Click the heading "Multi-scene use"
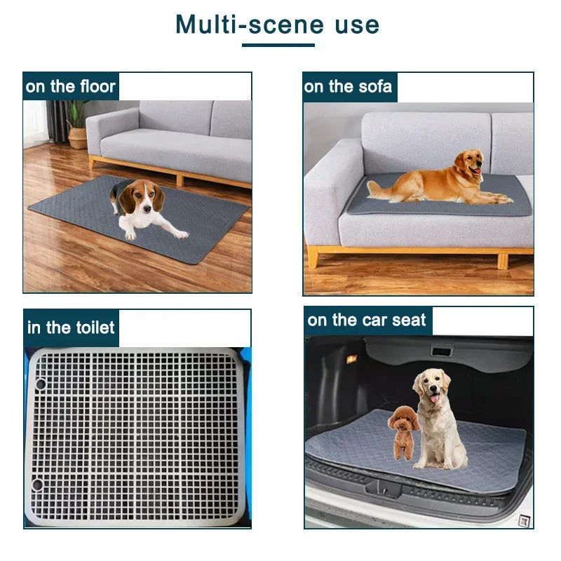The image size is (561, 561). pyautogui.click(x=277, y=25)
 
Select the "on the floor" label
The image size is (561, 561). pyautogui.click(x=70, y=87)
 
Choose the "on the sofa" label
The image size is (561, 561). pyautogui.click(x=349, y=87)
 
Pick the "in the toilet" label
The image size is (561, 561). pyautogui.click(x=71, y=327)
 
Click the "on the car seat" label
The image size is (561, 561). pyautogui.click(x=367, y=320)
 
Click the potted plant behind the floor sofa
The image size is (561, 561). pyautogui.click(x=76, y=123)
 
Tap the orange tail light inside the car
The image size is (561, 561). pyautogui.click(x=351, y=359)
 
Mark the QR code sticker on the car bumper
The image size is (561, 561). pyautogui.click(x=522, y=520)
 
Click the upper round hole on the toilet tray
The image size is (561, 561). pyautogui.click(x=39, y=384)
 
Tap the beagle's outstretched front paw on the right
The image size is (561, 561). pyautogui.click(x=180, y=234)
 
